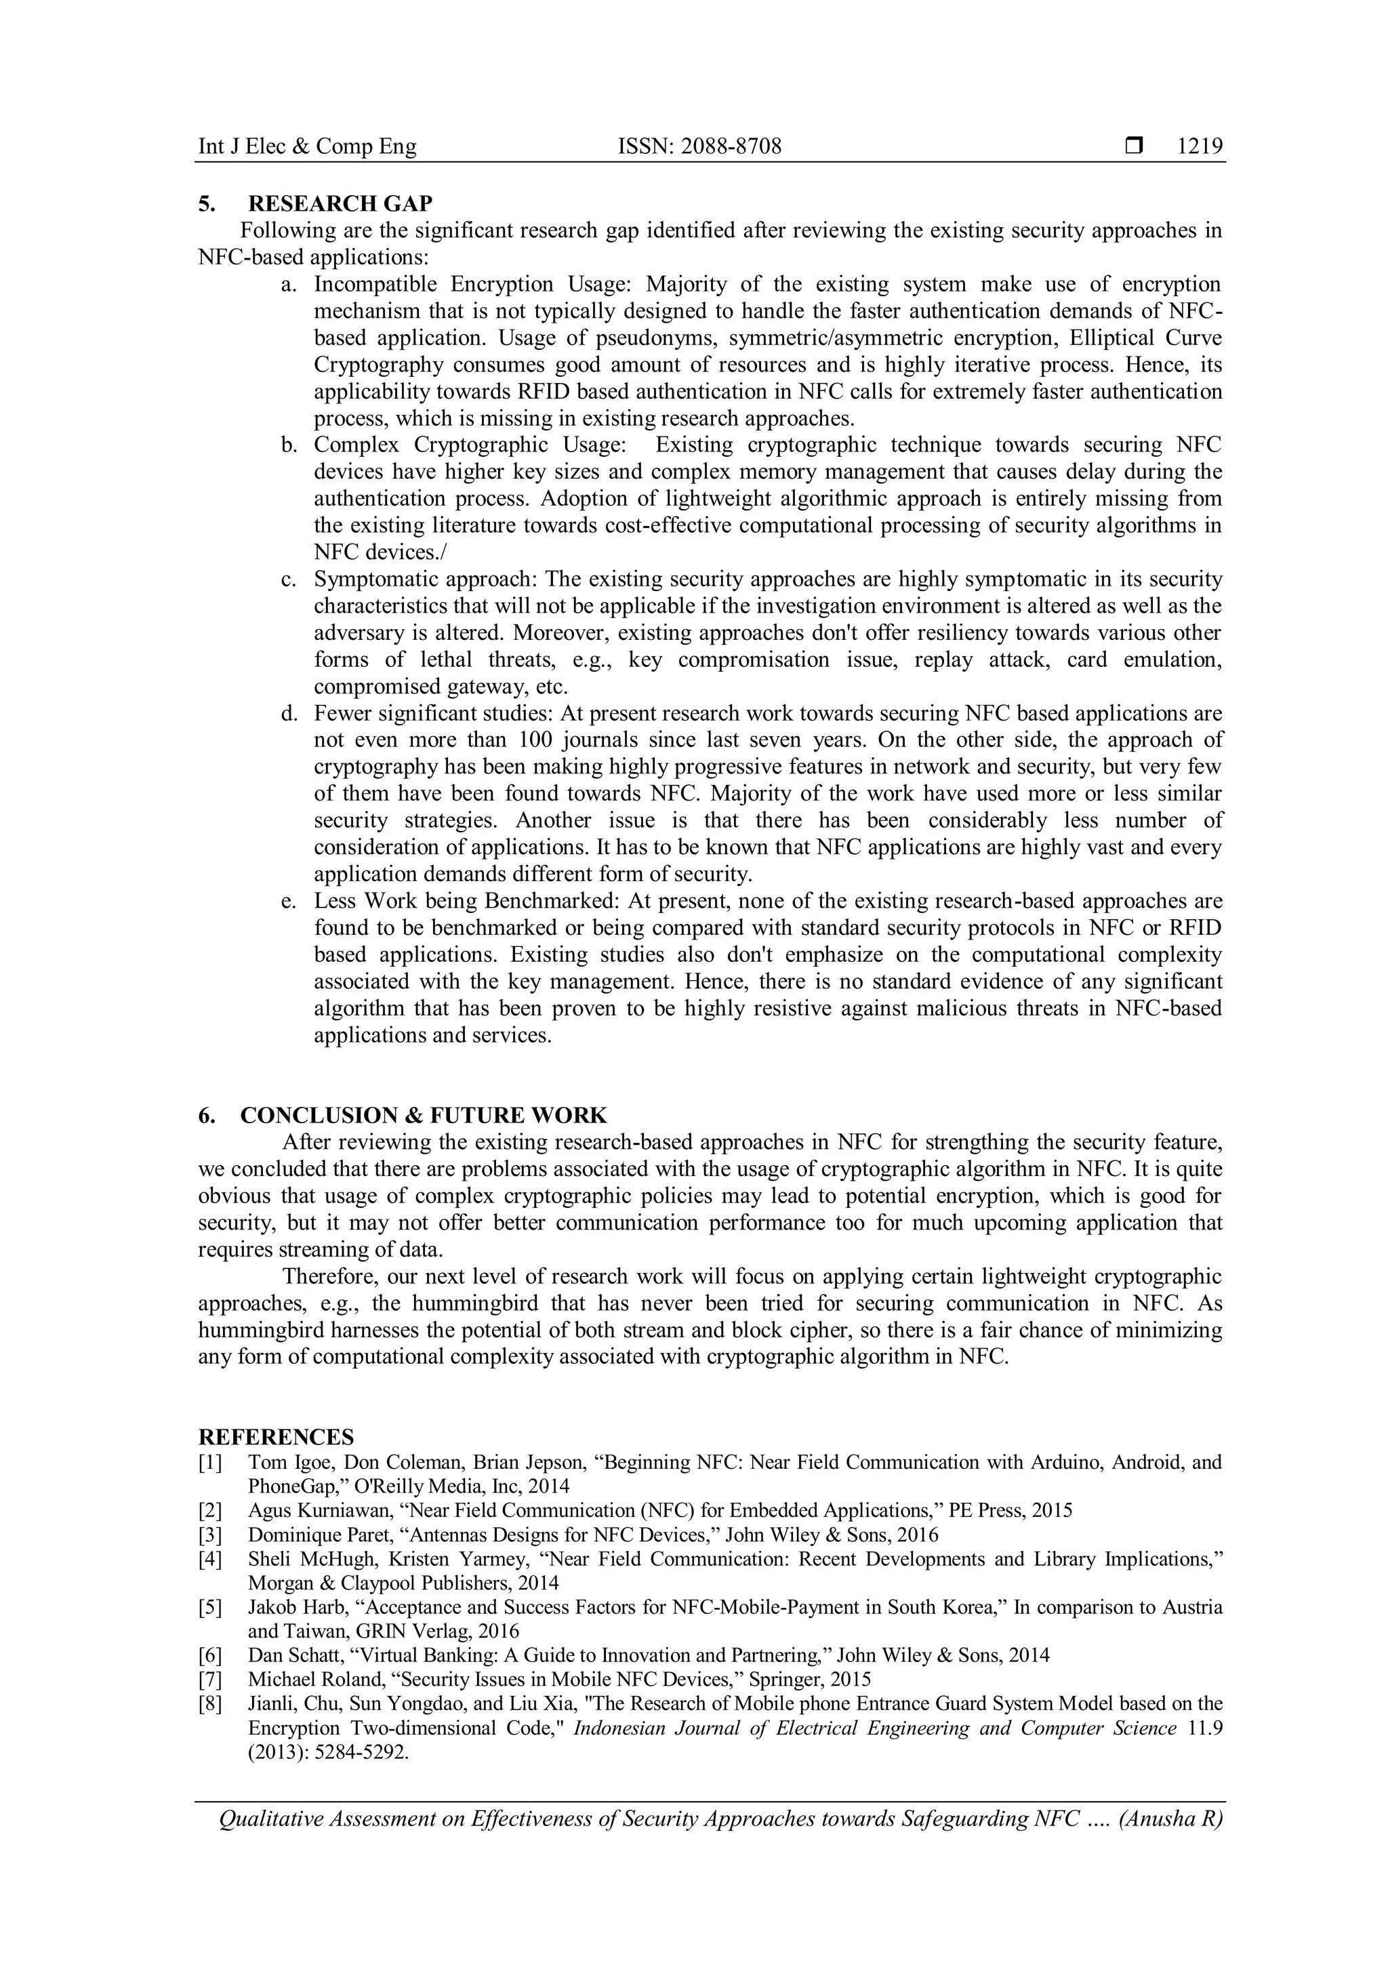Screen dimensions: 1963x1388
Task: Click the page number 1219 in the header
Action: coord(1200,147)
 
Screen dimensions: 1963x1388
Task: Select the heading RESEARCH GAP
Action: coord(340,203)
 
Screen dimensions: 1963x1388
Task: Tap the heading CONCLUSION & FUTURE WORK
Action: coord(423,1115)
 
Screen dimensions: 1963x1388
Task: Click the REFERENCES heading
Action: coord(276,1436)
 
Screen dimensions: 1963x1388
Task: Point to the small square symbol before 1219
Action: coord(1133,146)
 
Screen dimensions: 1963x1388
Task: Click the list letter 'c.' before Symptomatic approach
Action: coord(289,580)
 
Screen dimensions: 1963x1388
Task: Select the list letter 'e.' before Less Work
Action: coord(289,901)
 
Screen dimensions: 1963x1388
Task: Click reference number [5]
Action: coord(210,1607)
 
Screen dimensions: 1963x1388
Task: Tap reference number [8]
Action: coord(210,1703)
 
